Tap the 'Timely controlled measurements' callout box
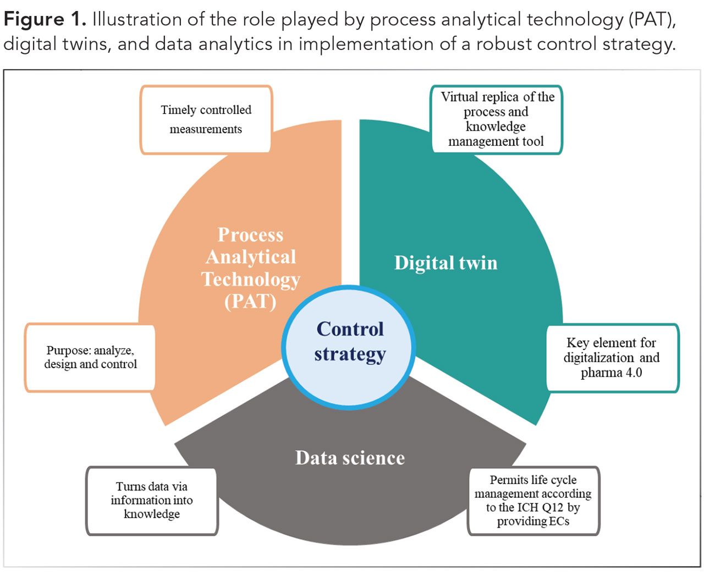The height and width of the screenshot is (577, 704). [x=206, y=119]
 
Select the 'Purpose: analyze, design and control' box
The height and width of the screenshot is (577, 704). [x=90, y=357]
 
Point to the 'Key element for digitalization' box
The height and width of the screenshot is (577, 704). [x=612, y=358]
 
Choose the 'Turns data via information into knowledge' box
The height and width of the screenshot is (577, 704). [x=152, y=500]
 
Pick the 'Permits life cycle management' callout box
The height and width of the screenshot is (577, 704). [x=533, y=500]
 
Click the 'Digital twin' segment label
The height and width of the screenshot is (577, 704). [x=446, y=263]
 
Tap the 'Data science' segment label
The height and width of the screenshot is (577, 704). [x=350, y=458]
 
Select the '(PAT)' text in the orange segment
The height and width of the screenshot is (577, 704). [x=250, y=302]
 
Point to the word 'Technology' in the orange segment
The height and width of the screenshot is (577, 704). [x=251, y=279]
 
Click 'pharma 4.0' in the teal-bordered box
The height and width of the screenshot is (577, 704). [x=611, y=373]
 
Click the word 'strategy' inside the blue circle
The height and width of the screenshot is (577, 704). [x=350, y=354]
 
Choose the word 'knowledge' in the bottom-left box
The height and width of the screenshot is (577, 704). [x=152, y=514]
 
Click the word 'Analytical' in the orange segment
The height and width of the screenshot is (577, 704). [x=251, y=257]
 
